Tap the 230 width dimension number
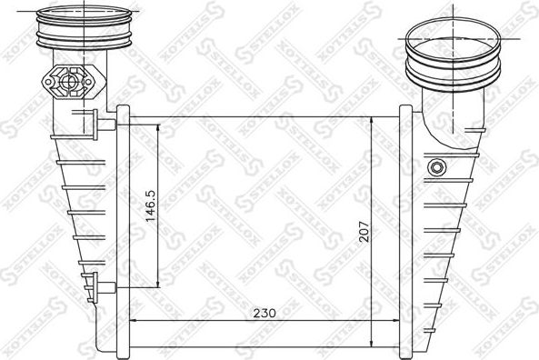coord(264,312)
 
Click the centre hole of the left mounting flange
coord(69,81)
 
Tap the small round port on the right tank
coord(438,167)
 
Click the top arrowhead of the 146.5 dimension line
coord(162,126)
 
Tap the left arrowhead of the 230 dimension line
coord(134,320)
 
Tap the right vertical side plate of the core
coord(405,227)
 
